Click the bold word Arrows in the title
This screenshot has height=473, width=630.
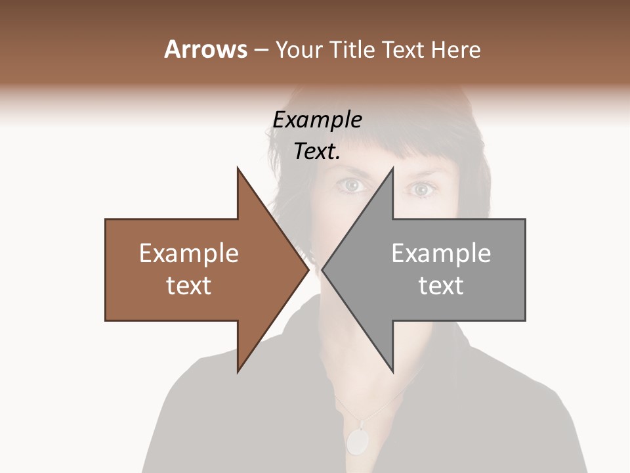tap(205, 49)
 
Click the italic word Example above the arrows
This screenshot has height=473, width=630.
tap(318, 120)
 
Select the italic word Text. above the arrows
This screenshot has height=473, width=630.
tap(318, 152)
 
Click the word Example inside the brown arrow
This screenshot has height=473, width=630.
tap(189, 254)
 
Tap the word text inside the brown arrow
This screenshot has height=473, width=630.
tap(189, 286)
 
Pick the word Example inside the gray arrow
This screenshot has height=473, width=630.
tap(441, 254)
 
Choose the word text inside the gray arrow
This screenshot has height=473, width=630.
tap(441, 286)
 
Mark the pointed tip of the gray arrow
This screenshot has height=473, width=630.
tap(324, 269)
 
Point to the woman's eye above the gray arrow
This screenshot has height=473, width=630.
tap(422, 190)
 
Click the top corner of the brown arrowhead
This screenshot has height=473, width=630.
tap(238, 169)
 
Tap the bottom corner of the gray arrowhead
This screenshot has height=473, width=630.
tap(392, 371)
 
